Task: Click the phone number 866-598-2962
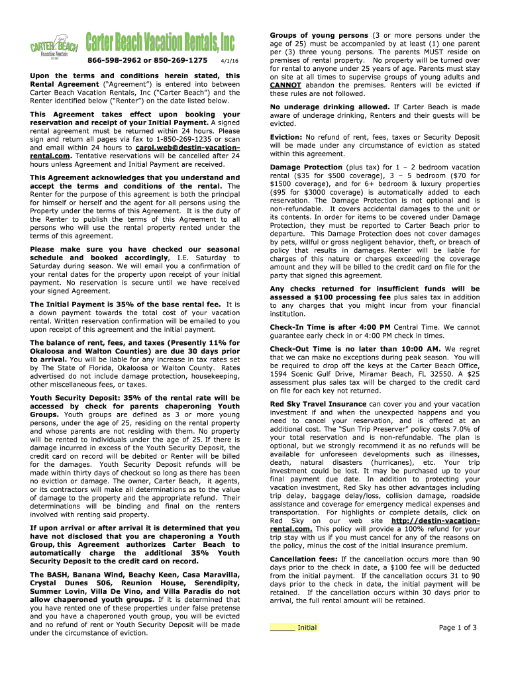point(113,60)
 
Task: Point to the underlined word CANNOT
point(285,85)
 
